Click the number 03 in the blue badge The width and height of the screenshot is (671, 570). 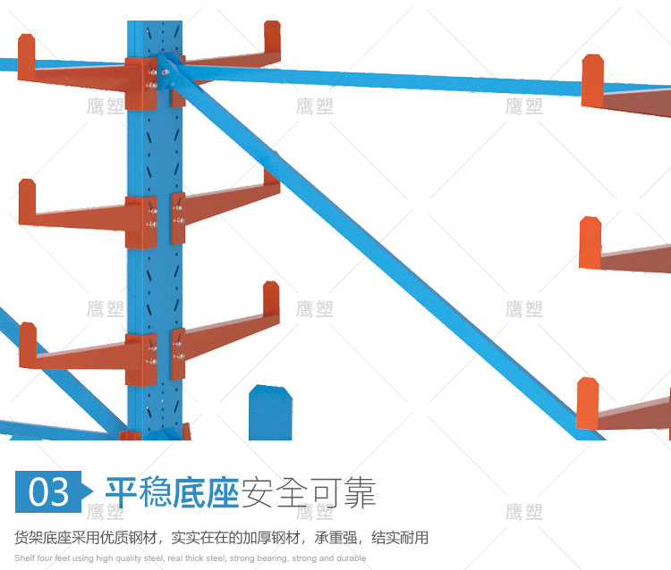[48, 492]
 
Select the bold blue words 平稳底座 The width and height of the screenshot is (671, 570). [172, 492]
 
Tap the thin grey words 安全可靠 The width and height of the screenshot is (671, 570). [308, 492]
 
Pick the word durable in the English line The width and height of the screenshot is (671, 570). [350, 558]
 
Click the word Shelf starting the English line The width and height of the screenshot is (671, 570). [23, 558]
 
